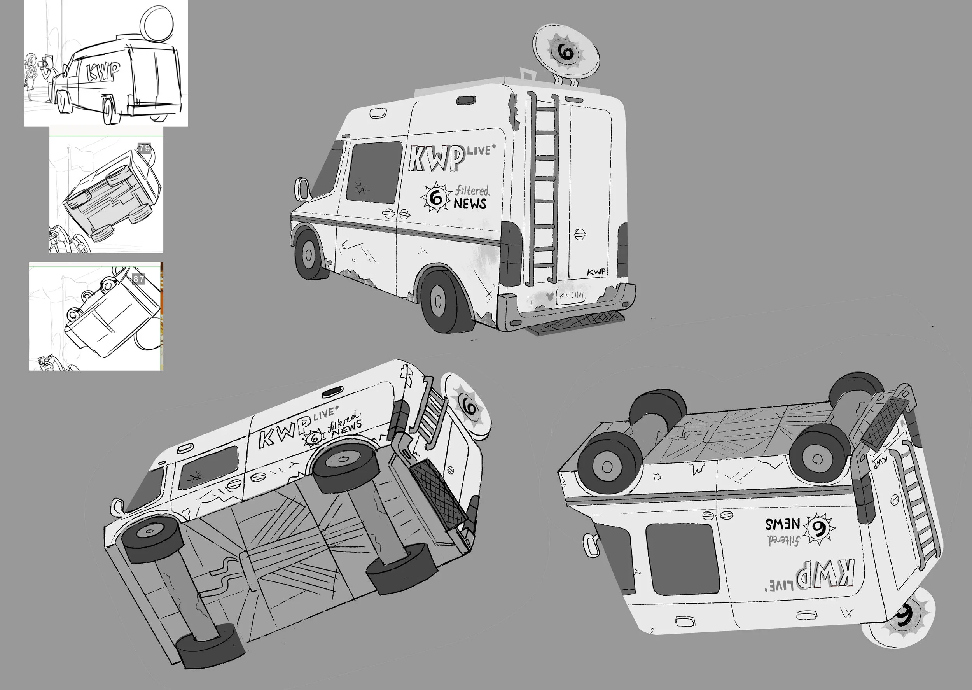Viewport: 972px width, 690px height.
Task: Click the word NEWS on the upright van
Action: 470,204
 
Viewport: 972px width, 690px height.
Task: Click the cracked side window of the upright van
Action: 374,172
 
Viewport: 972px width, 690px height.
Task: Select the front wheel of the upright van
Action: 309,254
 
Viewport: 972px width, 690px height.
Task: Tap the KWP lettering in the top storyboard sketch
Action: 103,72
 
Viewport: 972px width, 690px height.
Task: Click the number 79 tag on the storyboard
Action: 145,148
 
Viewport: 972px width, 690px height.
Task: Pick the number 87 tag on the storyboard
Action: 139,279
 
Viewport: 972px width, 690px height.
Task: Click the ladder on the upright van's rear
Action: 543,187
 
